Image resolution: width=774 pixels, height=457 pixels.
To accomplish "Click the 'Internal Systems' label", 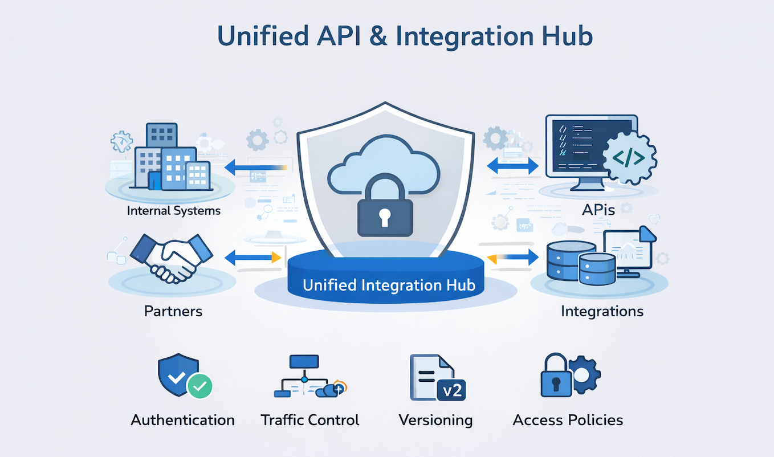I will pyautogui.click(x=174, y=211).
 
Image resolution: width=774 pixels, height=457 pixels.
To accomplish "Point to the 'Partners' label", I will pyautogui.click(x=173, y=311).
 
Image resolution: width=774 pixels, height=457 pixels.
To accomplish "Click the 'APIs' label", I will pyautogui.click(x=598, y=210).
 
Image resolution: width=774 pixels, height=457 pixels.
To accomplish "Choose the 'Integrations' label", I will pyautogui.click(x=602, y=311).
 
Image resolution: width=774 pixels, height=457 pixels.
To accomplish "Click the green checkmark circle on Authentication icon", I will pyautogui.click(x=199, y=386).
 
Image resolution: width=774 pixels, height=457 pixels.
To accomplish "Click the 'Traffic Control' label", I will pyautogui.click(x=310, y=421).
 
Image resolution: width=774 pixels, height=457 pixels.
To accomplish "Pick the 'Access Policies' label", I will pyautogui.click(x=568, y=421).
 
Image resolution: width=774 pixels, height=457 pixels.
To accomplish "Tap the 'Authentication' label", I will pyautogui.click(x=183, y=421).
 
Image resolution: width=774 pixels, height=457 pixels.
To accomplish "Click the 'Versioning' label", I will pyautogui.click(x=435, y=421).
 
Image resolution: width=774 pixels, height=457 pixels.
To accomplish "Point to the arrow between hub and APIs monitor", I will pyautogui.click(x=512, y=166).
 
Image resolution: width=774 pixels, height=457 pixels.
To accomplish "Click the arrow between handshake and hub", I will pyautogui.click(x=254, y=258).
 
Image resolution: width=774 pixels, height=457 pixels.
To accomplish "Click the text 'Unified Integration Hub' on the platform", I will pyautogui.click(x=389, y=285).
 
